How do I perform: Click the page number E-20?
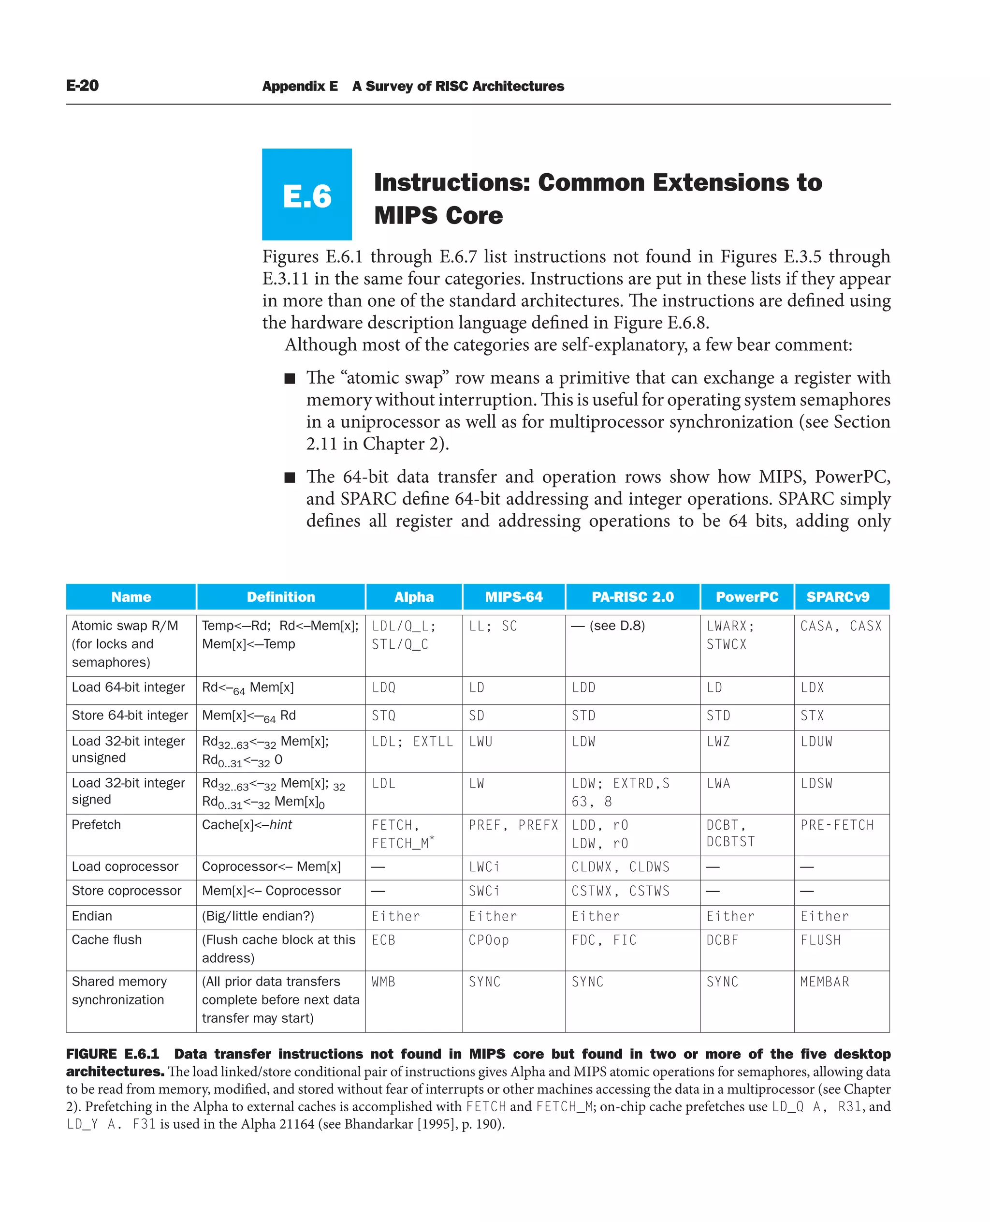pos(82,86)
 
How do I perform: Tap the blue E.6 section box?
pos(307,194)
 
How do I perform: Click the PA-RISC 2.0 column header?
pos(632,597)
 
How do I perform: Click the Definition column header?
pos(280,597)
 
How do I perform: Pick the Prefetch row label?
pos(96,825)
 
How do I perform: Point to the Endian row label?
pos(92,916)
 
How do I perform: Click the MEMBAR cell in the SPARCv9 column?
pos(824,982)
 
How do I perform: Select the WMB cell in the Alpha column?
pos(383,982)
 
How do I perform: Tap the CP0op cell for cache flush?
pos(488,940)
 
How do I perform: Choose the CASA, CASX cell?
pos(841,626)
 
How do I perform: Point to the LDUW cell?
pos(816,742)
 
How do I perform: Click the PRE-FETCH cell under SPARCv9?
pos(837,825)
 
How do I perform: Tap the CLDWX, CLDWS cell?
pos(620,867)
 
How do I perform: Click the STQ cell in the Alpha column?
pos(383,715)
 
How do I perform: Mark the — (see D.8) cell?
pos(608,626)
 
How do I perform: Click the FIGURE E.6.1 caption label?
pos(112,1054)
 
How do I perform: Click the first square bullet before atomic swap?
pos(290,378)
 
